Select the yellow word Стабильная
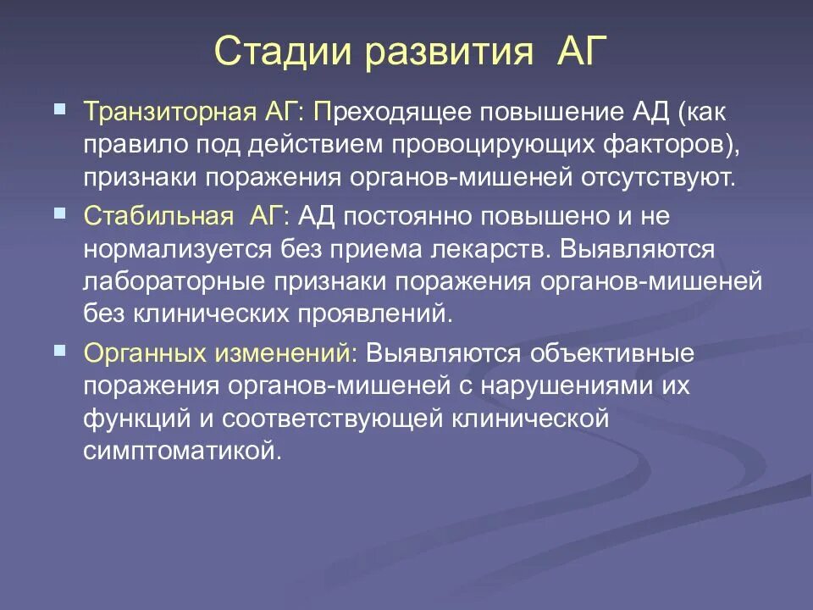click(158, 216)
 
